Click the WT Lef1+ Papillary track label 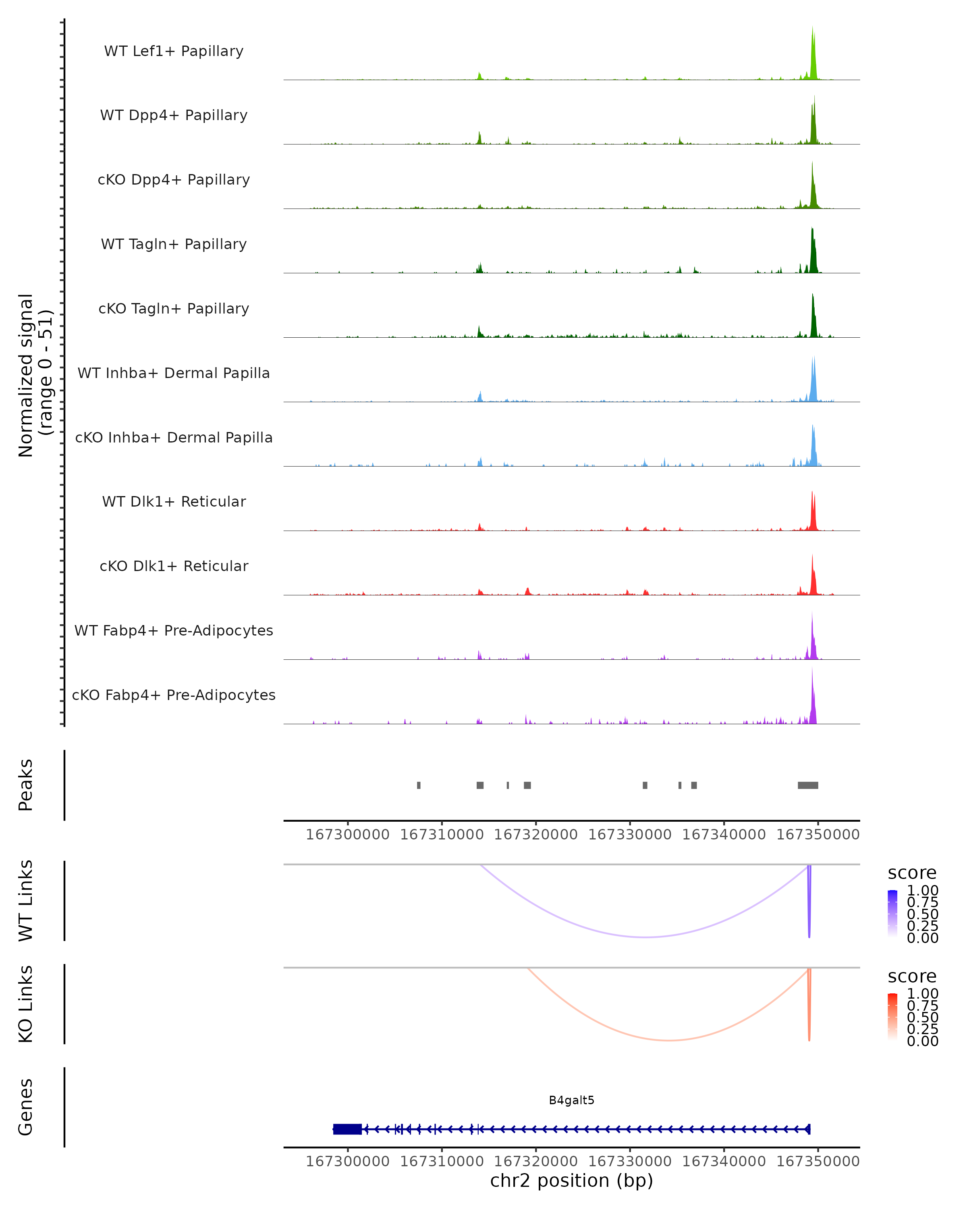click(x=174, y=51)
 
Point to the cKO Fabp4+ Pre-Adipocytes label click(x=174, y=695)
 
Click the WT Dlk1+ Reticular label click(x=174, y=502)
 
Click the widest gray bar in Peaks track click(x=808, y=785)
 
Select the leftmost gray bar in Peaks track click(x=419, y=785)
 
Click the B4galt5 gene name click(x=571, y=1100)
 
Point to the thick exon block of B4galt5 click(x=347, y=1129)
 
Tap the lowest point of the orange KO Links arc click(x=668, y=1040)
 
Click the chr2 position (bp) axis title click(x=571, y=1181)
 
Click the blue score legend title click(x=911, y=873)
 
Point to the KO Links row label click(x=26, y=1004)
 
